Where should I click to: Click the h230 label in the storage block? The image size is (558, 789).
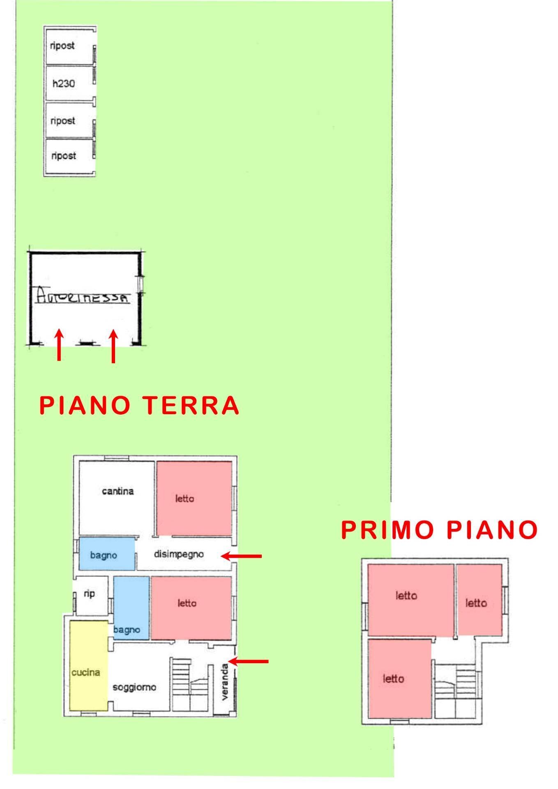64,84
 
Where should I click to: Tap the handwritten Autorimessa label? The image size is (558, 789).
82,295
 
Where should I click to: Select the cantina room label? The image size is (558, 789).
118,491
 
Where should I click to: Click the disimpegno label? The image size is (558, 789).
179,554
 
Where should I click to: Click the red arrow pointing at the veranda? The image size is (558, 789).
248,661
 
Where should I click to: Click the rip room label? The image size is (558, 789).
89,593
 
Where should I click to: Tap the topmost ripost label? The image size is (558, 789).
62,46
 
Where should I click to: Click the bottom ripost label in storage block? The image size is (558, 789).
64,156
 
